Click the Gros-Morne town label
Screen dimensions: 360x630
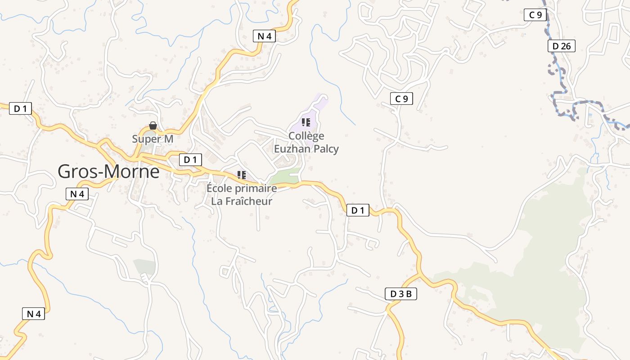pyautogui.click(x=108, y=171)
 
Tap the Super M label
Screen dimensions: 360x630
pyautogui.click(x=153, y=139)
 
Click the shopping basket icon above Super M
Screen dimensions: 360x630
pyautogui.click(x=153, y=126)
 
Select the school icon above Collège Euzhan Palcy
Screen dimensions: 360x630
pyautogui.click(x=306, y=122)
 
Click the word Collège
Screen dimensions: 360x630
pyautogui.click(x=306, y=136)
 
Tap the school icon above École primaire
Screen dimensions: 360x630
pyautogui.click(x=242, y=175)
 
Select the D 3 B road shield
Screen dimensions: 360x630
pyautogui.click(x=401, y=294)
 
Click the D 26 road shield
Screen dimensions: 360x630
pyautogui.click(x=561, y=46)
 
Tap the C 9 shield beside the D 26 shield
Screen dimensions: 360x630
pyautogui.click(x=535, y=15)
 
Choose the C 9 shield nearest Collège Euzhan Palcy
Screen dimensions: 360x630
pyautogui.click(x=401, y=99)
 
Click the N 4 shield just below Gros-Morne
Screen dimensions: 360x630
pyautogui.click(x=77, y=194)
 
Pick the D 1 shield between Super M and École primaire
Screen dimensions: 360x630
pyautogui.click(x=190, y=159)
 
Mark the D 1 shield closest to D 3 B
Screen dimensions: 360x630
pyautogui.click(x=358, y=210)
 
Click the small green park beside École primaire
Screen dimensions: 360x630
pyautogui.click(x=285, y=177)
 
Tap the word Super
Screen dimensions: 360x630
pyautogui.click(x=141, y=139)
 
